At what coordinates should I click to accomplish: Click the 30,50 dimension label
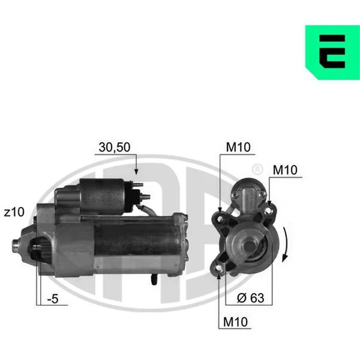115,147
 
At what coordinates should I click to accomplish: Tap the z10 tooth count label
14,212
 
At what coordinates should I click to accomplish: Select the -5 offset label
53,299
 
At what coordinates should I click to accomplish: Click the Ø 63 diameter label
250,298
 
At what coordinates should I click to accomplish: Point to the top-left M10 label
238,147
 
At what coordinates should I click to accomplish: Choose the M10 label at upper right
285,170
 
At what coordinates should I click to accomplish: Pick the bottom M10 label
235,322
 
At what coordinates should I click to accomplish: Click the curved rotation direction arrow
287,245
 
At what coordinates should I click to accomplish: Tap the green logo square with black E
332,52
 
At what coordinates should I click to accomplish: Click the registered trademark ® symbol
257,169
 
